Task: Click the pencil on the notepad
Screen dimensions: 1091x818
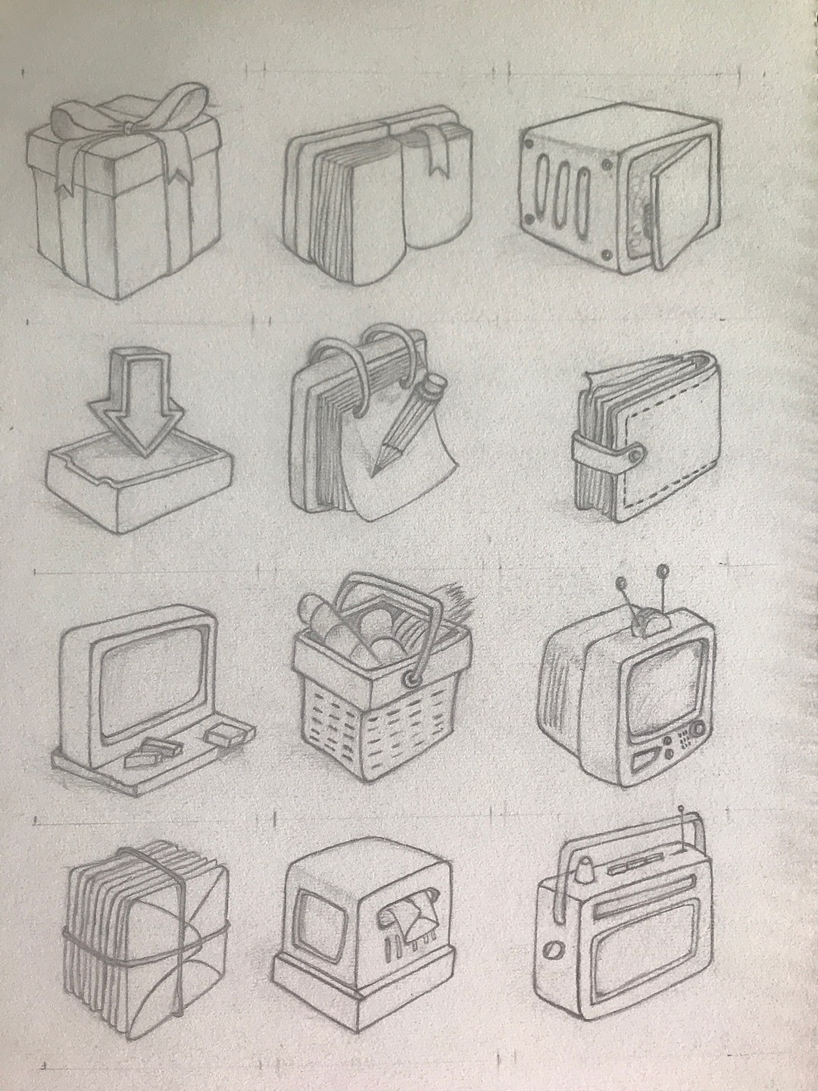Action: tap(405, 425)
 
